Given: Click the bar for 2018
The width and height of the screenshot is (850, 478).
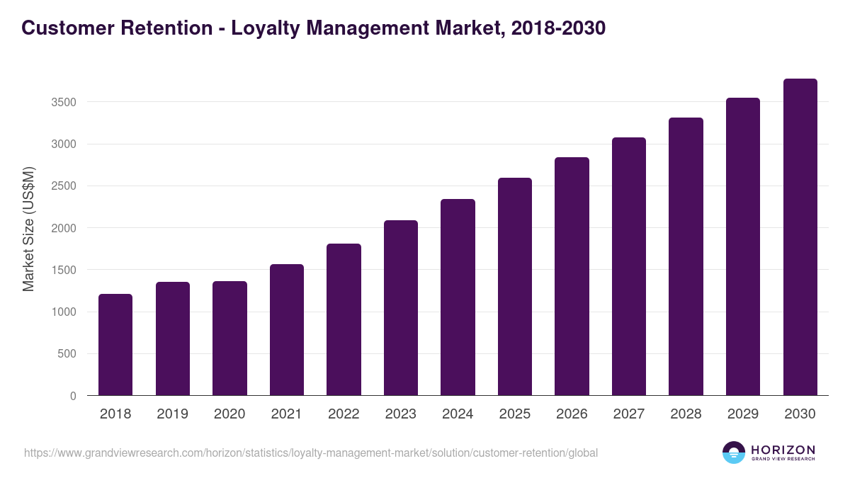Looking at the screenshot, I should [x=115, y=345].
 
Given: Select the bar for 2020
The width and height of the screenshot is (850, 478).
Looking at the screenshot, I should [x=229, y=338].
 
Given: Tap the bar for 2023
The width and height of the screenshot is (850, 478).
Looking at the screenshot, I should [x=401, y=308].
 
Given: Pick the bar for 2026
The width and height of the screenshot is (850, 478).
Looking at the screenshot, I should [x=572, y=276].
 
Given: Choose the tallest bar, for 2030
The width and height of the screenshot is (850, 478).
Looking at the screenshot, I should [x=800, y=237].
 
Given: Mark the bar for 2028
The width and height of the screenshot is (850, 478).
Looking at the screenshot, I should [x=686, y=256].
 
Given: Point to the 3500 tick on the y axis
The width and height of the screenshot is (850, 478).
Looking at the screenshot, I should [x=64, y=103].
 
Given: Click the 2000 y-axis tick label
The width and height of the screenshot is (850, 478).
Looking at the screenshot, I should [x=64, y=228].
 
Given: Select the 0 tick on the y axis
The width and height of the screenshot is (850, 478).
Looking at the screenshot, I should [x=74, y=396].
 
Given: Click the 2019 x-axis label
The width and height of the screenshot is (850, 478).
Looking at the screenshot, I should [x=172, y=414].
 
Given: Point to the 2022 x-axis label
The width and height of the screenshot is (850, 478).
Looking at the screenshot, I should [x=344, y=414].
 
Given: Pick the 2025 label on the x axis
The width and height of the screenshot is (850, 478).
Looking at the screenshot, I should [x=514, y=414].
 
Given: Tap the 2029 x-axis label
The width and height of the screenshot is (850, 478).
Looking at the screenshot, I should [x=742, y=414].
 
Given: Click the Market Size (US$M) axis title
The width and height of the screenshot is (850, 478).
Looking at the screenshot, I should [x=28, y=229].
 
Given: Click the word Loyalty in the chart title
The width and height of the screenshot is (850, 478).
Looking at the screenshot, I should [x=263, y=28].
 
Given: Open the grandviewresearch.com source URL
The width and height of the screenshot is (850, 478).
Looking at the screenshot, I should [x=311, y=453].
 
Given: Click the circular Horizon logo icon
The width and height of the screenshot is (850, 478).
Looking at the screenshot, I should [x=734, y=453].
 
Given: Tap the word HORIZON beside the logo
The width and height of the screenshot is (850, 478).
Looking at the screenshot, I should [x=783, y=449].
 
